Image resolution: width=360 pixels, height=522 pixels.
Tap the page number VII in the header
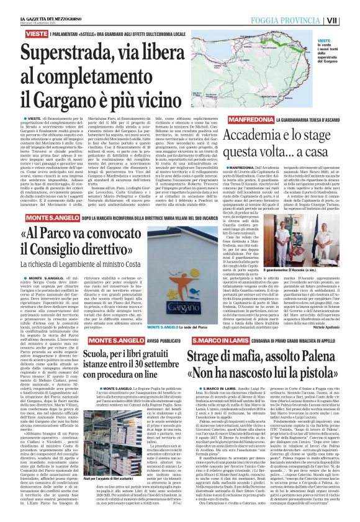coord(349,20)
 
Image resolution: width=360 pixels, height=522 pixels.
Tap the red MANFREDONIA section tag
coord(251,119)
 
